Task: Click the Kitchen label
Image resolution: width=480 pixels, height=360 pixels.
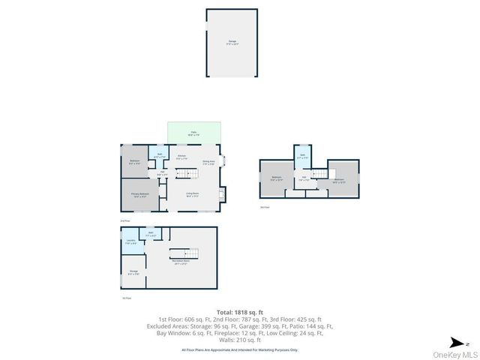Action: tap(181, 157)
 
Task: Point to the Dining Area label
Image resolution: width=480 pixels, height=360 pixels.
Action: tap(209, 161)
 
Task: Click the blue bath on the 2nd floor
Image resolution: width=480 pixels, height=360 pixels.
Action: tap(159, 155)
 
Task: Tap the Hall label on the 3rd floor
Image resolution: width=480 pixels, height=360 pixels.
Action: tap(304, 178)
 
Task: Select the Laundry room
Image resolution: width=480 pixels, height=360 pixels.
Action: tap(130, 242)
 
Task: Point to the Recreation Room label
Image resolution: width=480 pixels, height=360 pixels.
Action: tap(181, 262)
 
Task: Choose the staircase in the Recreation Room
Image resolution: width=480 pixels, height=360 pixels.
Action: tap(181, 253)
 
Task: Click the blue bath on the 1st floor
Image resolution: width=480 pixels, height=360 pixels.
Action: tap(150, 235)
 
